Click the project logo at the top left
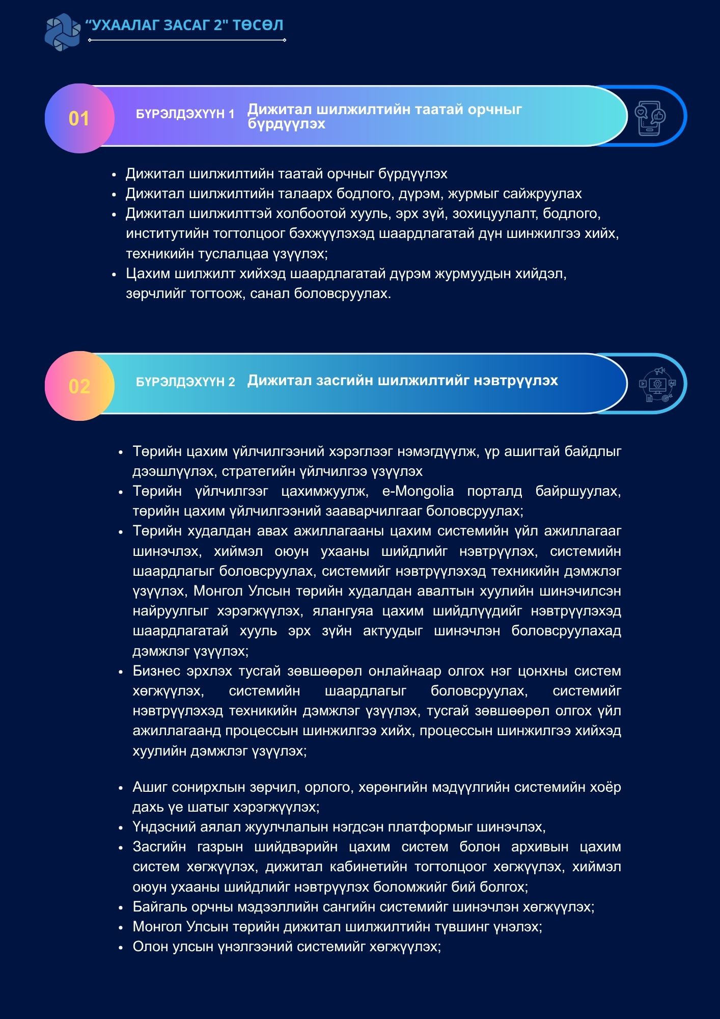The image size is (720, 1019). [x=63, y=32]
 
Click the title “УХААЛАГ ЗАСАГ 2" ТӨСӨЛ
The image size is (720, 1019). [x=184, y=25]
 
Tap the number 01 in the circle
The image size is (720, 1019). [x=79, y=119]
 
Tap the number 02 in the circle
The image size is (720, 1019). [x=79, y=386]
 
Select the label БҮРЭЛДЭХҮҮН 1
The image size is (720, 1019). [x=185, y=114]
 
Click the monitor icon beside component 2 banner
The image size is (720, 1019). [x=657, y=385]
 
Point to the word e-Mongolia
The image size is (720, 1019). [x=418, y=491]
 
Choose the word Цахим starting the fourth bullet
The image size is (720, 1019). [x=148, y=274]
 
